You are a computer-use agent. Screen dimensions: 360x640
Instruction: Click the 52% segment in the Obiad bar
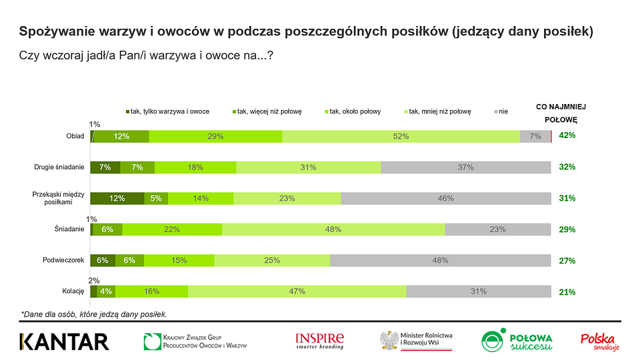pos(401,136)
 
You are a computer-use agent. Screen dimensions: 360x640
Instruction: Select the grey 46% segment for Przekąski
pos(445,198)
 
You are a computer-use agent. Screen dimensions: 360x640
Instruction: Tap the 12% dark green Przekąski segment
pos(117,198)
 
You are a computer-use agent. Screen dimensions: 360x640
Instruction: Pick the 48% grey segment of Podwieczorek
pos(440,261)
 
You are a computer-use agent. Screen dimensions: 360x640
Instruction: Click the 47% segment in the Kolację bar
pos(297,291)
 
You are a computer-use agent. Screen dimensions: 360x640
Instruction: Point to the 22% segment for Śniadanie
pos(172,229)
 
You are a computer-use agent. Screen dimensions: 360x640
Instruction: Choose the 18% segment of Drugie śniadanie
pos(195,167)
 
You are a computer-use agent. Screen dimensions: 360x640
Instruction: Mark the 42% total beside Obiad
pos(567,135)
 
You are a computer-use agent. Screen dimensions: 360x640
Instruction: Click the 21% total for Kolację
pos(567,292)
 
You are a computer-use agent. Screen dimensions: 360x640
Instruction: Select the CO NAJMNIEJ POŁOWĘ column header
pos(561,113)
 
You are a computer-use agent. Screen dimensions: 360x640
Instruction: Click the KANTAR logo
pos(64,341)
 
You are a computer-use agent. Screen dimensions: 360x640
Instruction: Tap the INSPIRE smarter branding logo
pos(319,341)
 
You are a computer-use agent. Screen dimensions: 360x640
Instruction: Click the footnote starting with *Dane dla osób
pos(93,313)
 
